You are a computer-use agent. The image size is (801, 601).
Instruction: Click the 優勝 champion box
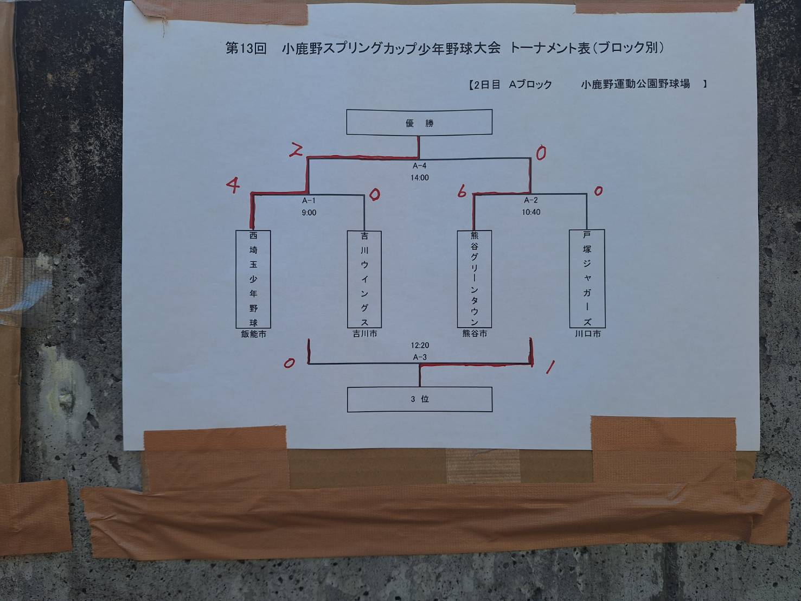(419, 122)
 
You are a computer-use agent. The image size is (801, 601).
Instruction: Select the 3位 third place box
(420, 399)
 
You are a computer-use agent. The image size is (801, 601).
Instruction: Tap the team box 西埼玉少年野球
(253, 279)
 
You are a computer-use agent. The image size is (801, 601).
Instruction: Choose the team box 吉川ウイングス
(364, 279)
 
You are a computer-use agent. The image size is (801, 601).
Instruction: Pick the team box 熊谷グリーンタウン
(475, 279)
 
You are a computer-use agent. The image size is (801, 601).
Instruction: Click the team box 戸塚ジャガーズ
(587, 278)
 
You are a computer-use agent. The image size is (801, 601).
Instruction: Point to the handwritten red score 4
(233, 185)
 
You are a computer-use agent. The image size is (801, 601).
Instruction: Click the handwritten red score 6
(462, 190)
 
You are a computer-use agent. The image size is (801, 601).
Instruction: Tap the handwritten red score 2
(296, 150)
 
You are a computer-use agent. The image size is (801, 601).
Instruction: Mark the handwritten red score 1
(550, 367)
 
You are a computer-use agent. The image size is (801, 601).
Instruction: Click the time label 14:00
(420, 178)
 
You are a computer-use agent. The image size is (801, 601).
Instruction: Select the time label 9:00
(309, 213)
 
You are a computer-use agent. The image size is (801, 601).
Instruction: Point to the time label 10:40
(531, 212)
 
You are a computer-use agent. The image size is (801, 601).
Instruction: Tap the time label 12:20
(420, 345)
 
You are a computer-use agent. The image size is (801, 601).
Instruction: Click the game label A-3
(420, 357)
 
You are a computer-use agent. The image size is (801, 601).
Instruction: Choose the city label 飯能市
(254, 334)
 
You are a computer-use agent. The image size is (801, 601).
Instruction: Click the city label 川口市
(588, 334)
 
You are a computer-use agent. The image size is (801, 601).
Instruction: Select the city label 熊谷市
(475, 334)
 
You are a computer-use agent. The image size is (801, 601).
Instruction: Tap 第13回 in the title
(246, 48)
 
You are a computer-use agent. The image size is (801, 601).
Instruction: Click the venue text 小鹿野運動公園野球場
(636, 84)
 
